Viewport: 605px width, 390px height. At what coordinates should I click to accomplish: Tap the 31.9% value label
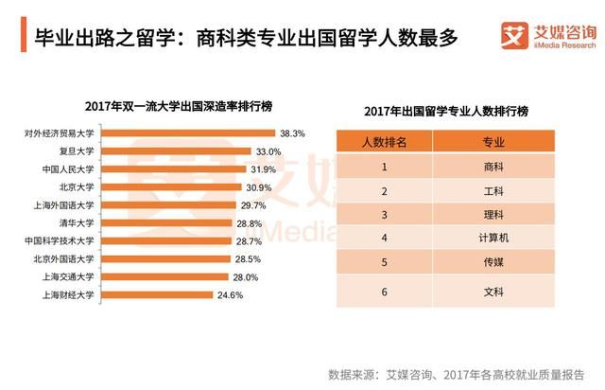click(x=262, y=169)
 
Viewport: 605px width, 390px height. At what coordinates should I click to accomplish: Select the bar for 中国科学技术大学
click(x=165, y=241)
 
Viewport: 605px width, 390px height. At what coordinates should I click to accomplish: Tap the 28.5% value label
click(x=248, y=259)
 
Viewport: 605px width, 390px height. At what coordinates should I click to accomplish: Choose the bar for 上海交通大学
click(x=164, y=277)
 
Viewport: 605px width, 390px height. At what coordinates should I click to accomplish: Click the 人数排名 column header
click(x=385, y=141)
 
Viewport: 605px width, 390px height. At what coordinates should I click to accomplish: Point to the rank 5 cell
click(x=385, y=261)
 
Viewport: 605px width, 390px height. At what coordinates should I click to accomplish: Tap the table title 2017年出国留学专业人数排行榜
click(x=446, y=112)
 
